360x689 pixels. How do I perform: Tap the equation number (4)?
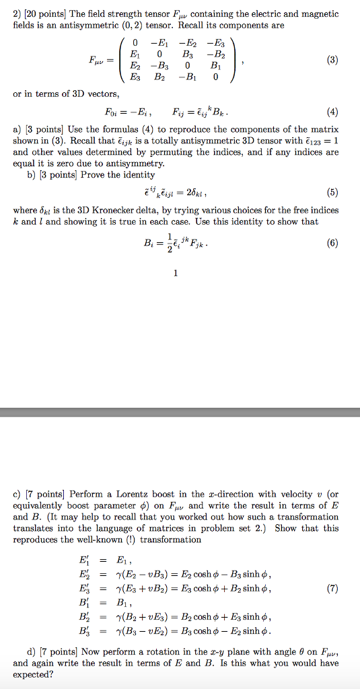(x=331, y=112)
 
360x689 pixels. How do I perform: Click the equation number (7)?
(x=331, y=588)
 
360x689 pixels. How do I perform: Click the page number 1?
(x=176, y=273)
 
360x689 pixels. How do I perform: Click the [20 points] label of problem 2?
(x=43, y=13)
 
